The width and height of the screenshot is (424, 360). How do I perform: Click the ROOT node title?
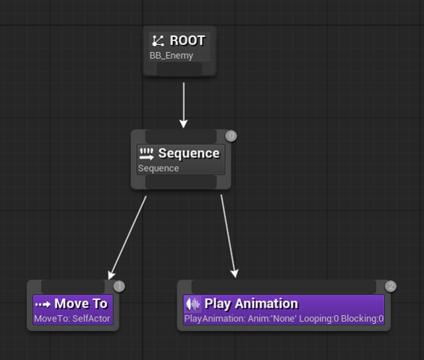pyautogui.click(x=187, y=41)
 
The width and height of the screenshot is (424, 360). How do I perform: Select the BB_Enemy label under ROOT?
pyautogui.click(x=171, y=56)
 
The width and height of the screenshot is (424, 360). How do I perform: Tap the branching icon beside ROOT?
pyautogui.click(x=158, y=41)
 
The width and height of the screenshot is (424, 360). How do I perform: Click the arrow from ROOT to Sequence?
pyautogui.click(x=184, y=105)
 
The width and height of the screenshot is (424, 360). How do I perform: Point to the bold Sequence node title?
pyautogui.click(x=189, y=154)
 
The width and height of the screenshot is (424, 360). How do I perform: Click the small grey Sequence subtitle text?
pyautogui.click(x=158, y=168)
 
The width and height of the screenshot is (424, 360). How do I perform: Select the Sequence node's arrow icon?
pyautogui.click(x=147, y=154)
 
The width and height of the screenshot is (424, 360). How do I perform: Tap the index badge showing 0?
pyautogui.click(x=232, y=136)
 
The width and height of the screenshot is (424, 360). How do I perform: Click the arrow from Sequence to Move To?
pyautogui.click(x=127, y=238)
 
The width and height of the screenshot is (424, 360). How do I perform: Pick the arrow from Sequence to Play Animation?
pyautogui.click(x=229, y=235)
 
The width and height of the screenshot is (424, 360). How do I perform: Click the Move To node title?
pyautogui.click(x=81, y=304)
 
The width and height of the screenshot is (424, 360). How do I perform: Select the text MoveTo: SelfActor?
pyautogui.click(x=72, y=319)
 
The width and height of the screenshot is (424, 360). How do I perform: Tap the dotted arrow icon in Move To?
pyautogui.click(x=43, y=304)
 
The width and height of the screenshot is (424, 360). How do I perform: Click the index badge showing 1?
pyautogui.click(x=119, y=286)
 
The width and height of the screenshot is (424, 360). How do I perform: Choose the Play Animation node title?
pyautogui.click(x=252, y=304)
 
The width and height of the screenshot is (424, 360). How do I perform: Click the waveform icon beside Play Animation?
pyautogui.click(x=192, y=304)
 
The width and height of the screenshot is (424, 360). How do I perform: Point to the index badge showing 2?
pyautogui.click(x=391, y=286)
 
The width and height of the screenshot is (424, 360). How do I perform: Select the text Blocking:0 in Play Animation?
pyautogui.click(x=362, y=319)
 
